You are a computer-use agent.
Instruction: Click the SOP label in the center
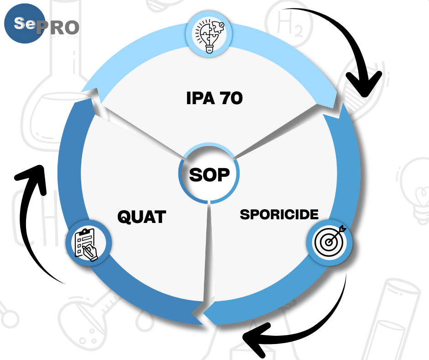[209, 175]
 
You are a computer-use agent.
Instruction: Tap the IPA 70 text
[214, 97]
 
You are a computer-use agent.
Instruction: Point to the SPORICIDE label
[279, 214]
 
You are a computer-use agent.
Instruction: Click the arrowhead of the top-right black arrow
[365, 85]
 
